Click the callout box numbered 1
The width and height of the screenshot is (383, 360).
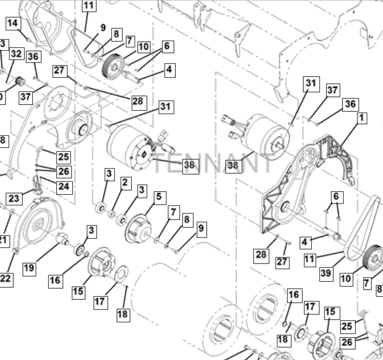[x=361, y=118]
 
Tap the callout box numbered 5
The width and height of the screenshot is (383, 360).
[x=159, y=197]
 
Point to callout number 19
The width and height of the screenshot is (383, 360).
[x=29, y=268]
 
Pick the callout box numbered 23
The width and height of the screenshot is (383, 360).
[x=14, y=198]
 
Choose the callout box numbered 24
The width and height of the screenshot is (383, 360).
[x=64, y=186]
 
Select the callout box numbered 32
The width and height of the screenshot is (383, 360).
[x=16, y=54]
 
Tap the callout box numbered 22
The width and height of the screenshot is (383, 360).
[x=6, y=278]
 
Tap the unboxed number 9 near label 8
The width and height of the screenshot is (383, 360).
[x=103, y=28]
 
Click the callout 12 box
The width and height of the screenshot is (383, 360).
[x=89, y=5]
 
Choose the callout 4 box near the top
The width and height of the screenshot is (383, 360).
[x=170, y=69]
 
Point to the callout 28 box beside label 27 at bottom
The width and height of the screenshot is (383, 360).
[x=261, y=255]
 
